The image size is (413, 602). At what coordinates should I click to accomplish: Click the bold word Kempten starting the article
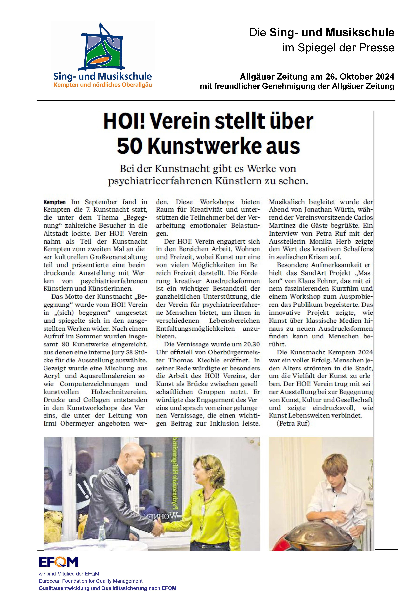point(54,202)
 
